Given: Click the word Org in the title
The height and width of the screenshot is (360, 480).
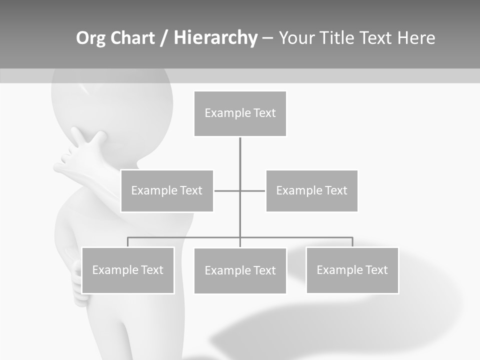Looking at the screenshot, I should click(91, 38).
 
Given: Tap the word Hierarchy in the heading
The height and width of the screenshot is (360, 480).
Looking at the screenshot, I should click(215, 38).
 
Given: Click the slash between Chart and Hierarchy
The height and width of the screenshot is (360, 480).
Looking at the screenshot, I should click(164, 38).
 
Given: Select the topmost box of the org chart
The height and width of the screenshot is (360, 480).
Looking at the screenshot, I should click(240, 113).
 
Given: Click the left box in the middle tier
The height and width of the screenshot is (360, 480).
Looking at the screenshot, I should click(167, 190).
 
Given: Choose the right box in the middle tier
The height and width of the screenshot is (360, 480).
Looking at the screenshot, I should click(311, 190).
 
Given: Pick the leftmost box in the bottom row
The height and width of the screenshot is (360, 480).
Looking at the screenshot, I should click(127, 270).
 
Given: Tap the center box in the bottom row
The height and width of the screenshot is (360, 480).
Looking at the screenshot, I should click(240, 270).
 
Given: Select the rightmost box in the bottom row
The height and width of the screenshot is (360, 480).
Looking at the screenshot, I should click(352, 270).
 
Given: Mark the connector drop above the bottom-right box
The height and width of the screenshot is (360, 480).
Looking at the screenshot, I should click(352, 242).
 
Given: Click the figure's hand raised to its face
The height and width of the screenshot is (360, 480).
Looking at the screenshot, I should click(85, 150).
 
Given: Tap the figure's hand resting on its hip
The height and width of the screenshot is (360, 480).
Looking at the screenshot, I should click(77, 280).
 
